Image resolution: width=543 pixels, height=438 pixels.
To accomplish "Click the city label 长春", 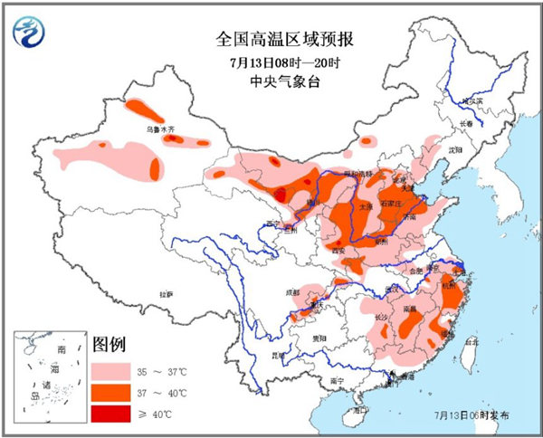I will point(465,124).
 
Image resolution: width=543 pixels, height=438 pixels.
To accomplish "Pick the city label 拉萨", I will point(166,294).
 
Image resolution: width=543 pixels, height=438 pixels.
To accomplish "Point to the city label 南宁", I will point(337,382).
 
